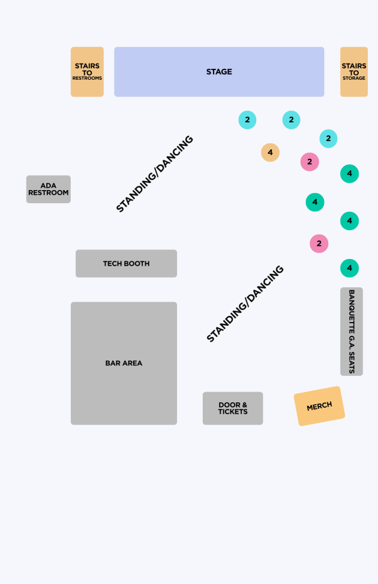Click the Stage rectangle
[219, 72]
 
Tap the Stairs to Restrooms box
[87, 72]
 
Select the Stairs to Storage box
[354, 72]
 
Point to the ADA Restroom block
[49, 189]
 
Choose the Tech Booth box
[127, 264]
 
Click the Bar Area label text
[124, 363]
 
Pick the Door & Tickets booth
[233, 408]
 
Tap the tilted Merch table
[319, 406]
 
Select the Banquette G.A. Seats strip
[352, 332]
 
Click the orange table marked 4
[270, 152]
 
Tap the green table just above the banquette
[350, 268]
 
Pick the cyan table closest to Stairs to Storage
[328, 139]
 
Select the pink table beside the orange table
[310, 162]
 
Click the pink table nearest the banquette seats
[319, 243]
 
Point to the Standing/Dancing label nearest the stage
[155, 174]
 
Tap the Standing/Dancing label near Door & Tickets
[245, 303]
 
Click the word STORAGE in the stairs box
[354, 78]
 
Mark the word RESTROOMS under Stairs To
[87, 78]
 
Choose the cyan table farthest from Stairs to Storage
[248, 120]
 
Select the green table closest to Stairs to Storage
[350, 173]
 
